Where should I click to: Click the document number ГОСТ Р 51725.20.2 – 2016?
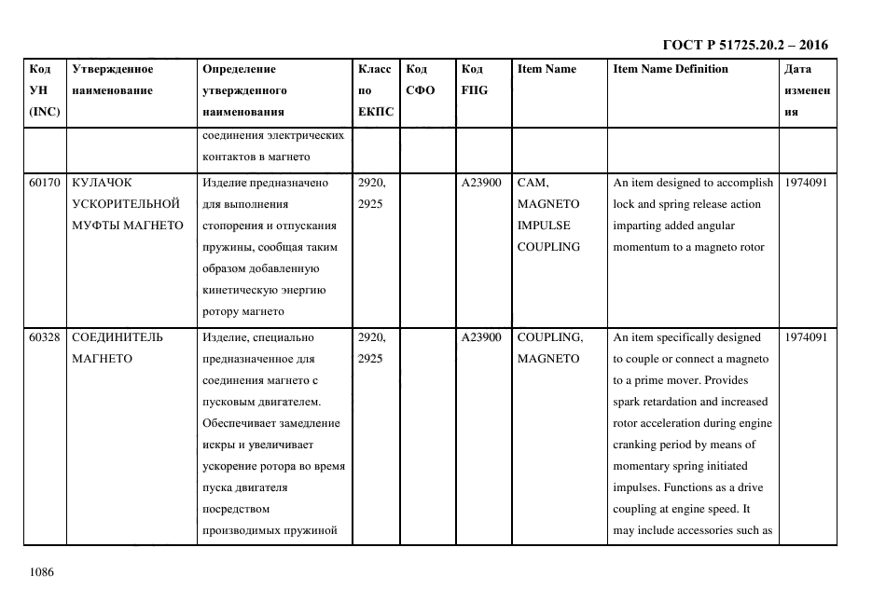[744, 45]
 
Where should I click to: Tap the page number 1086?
[42, 572]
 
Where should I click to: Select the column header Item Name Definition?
[671, 69]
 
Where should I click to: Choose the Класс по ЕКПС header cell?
[375, 90]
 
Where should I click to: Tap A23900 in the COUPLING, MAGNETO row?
[482, 337]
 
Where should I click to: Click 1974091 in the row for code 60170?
[806, 184]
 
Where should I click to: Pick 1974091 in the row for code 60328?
[806, 337]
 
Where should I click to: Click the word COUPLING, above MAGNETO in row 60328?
[550, 337]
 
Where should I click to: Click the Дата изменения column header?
[806, 90]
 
